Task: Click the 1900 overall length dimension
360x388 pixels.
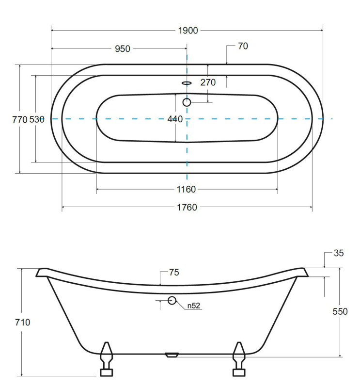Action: click(188, 31)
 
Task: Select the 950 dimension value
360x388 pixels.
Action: click(123, 49)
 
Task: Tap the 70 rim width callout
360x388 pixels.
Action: click(243, 46)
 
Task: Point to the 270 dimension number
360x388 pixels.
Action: click(208, 82)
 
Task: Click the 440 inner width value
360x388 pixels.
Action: click(175, 119)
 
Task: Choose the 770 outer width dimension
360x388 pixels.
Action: click(20, 120)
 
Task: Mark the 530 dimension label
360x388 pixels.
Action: click(37, 119)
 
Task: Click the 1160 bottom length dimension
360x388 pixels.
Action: click(186, 190)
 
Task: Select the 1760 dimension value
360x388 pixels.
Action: click(187, 208)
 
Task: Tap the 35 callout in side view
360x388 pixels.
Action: click(339, 253)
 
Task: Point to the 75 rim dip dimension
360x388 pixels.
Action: click(174, 273)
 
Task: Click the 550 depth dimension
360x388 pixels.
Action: click(340, 311)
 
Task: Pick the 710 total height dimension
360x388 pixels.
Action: click(22, 323)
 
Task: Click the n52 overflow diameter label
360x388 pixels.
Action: click(194, 306)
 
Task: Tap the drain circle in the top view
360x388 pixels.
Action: click(187, 102)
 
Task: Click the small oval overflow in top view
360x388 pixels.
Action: click(187, 83)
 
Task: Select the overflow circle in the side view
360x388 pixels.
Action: click(172, 300)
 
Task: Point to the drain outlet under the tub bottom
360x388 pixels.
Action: click(172, 355)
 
